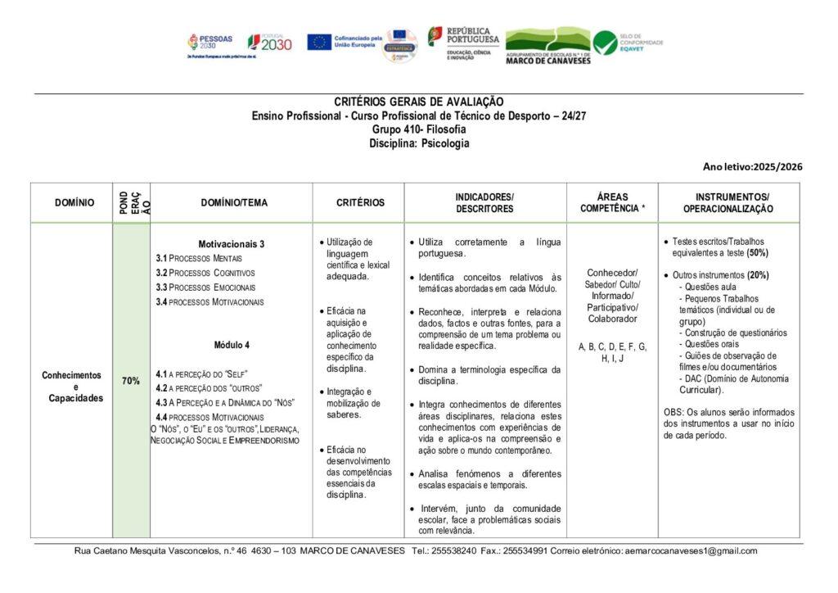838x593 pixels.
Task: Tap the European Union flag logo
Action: pos(319,42)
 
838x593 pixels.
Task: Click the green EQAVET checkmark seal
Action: pos(606,43)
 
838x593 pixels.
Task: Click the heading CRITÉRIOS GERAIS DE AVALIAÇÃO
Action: pos(419,102)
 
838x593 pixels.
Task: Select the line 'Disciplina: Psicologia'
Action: pos(419,143)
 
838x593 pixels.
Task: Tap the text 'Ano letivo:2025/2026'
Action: pos(752,167)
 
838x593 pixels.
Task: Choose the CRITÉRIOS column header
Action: pos(360,202)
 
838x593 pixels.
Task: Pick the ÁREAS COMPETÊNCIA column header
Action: pos(613,202)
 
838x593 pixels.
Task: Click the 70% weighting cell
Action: pos(131,381)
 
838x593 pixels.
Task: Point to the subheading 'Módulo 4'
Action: pos(232,345)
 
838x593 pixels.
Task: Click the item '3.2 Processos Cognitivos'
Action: pos(205,273)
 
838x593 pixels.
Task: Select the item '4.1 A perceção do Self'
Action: pos(201,373)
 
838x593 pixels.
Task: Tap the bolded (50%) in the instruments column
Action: pos(757,253)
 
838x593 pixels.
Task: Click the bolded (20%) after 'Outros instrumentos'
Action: pos(757,275)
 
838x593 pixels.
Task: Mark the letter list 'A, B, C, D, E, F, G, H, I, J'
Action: pos(613,352)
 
